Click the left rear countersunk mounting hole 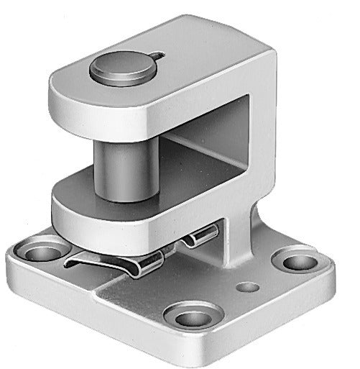point(42,251)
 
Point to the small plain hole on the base point(248,287)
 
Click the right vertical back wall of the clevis point(262,144)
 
